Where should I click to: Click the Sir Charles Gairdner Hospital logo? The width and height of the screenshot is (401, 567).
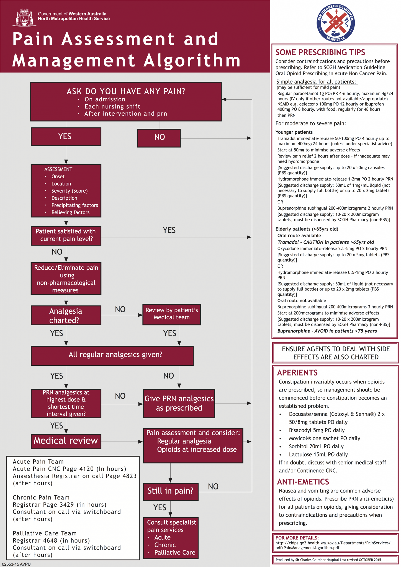click(x=336, y=23)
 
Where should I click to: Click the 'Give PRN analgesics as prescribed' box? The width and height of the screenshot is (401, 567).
click(x=179, y=403)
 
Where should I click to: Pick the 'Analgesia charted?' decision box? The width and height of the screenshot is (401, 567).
click(x=66, y=315)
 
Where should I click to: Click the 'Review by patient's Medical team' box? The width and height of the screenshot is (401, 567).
click(x=172, y=314)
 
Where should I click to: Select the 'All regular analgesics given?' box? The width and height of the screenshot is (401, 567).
click(x=112, y=355)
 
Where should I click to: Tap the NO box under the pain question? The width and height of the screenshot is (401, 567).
click(x=159, y=138)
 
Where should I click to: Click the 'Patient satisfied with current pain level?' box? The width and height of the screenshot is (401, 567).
click(x=66, y=236)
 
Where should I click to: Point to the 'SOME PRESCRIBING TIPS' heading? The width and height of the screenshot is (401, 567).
click(x=320, y=52)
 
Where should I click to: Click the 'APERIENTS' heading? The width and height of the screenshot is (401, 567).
click(x=297, y=373)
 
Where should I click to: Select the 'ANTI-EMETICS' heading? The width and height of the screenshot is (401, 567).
click(x=303, y=482)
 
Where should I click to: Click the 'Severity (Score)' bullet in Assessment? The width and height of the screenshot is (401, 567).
click(x=69, y=191)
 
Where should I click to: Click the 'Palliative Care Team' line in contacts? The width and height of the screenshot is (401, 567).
click(x=45, y=533)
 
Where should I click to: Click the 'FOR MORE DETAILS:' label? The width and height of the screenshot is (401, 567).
click(x=297, y=538)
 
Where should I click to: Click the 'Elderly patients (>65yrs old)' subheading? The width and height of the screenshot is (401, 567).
click(x=307, y=229)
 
